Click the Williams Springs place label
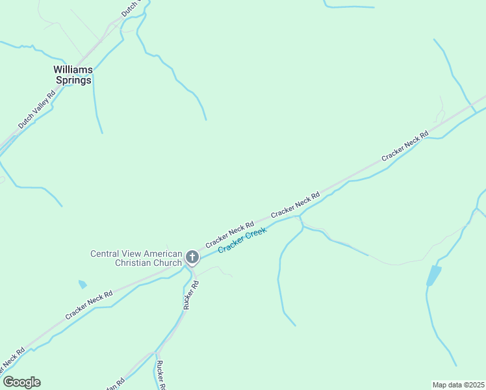point(73,75)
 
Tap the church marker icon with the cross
point(192,257)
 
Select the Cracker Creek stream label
point(242,240)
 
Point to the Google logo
point(21,382)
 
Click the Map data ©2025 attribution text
point(458,384)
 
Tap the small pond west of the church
point(82,284)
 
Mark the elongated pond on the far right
point(433,275)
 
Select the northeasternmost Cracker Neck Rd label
point(405,146)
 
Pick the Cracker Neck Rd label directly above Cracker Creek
point(295,205)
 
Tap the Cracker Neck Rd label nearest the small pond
point(89,305)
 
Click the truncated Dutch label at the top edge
point(131,8)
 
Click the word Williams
point(73,69)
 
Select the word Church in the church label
point(165,263)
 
